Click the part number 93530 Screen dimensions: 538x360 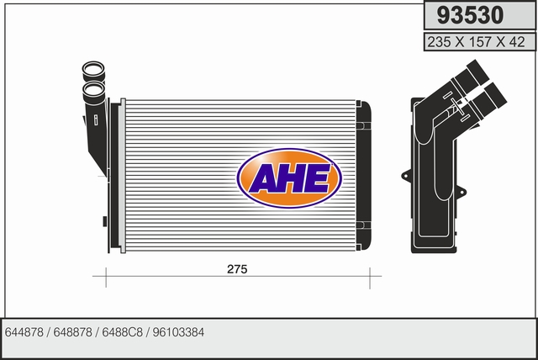click(470, 15)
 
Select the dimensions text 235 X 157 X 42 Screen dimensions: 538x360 click(476, 42)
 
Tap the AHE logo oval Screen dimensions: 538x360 click(289, 178)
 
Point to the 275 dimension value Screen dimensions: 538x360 click(237, 269)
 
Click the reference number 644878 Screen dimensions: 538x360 click(24, 332)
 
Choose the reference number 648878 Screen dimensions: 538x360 click(73, 332)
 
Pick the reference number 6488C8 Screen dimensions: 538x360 click(122, 332)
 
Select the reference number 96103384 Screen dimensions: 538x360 click(178, 332)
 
